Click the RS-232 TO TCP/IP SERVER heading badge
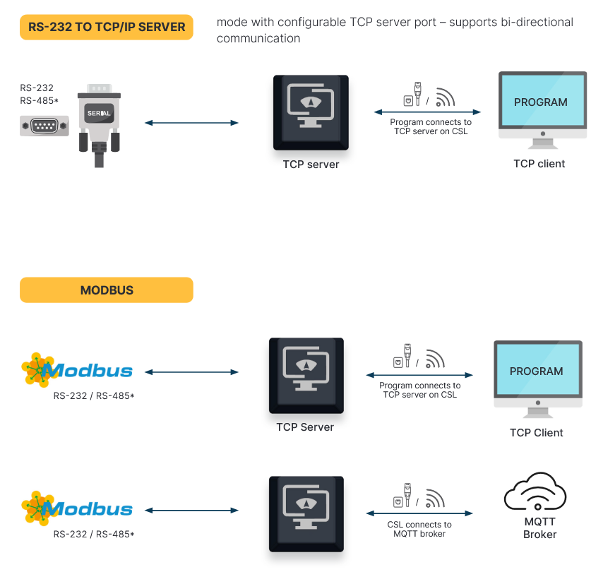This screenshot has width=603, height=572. coord(107,28)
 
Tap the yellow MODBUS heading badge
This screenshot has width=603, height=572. coord(107,290)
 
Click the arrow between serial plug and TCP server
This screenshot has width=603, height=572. coord(191,123)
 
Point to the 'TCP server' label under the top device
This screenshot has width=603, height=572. coord(311,165)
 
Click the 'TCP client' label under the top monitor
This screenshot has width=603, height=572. coord(539,164)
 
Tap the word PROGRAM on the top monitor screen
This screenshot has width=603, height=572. coord(540,102)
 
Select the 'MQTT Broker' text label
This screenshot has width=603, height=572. coord(539,528)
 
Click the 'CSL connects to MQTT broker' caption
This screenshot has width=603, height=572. coord(419,529)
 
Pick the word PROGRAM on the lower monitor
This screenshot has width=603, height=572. coord(537,371)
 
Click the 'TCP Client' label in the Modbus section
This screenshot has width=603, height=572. coord(537,433)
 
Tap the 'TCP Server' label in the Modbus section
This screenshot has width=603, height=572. coord(305,427)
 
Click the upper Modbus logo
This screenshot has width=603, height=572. coord(78,370)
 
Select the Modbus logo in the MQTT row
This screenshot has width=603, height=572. coord(78,508)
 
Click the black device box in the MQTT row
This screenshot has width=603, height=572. coord(306,513)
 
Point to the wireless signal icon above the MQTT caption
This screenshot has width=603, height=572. coord(435,499)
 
